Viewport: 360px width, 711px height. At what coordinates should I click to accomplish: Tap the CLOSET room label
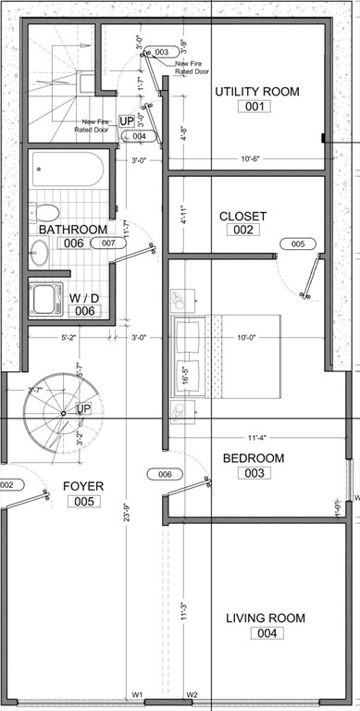pos(242,216)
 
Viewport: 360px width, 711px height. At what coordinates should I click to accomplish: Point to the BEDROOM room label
pos(254,458)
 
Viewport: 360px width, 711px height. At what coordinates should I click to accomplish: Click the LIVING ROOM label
pos(267,617)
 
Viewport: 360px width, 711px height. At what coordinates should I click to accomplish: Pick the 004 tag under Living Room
pos(267,634)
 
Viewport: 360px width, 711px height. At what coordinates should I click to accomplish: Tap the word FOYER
pos(83,485)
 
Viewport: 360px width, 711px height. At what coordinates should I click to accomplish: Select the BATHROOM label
pos(72,229)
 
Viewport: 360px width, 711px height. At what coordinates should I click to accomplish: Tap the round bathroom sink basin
pos(39,249)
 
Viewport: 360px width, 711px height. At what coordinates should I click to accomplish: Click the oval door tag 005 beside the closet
pos(297,244)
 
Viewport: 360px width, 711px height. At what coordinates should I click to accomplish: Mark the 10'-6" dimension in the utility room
pos(253,158)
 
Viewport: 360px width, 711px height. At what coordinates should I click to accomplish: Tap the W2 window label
pos(192,693)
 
